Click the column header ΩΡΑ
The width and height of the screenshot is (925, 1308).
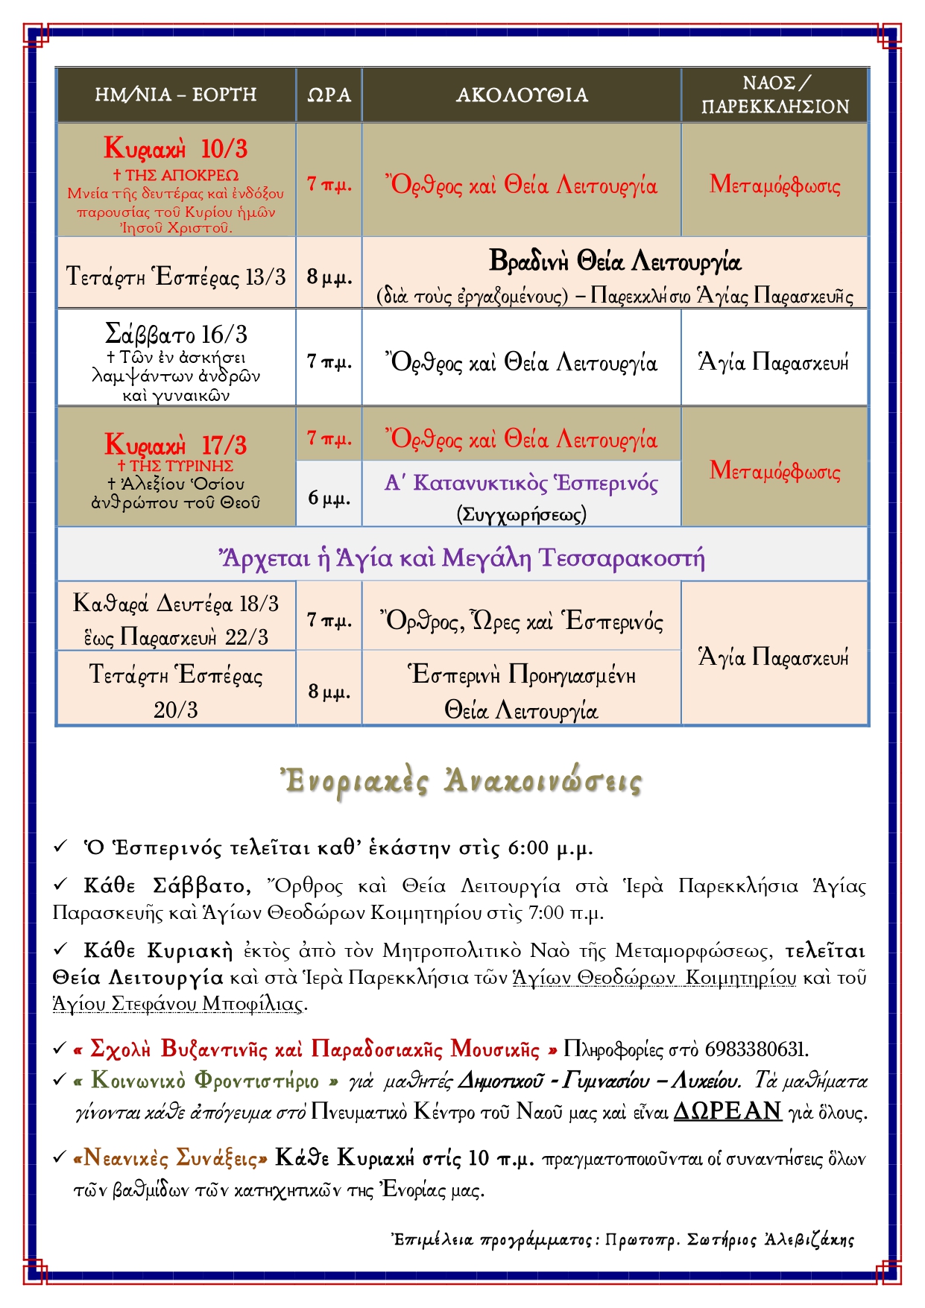click(x=329, y=95)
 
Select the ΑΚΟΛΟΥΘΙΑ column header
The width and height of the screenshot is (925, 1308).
click(x=522, y=95)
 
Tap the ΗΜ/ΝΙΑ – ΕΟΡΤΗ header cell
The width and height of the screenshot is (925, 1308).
click(x=176, y=95)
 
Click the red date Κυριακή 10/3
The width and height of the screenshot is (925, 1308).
click(x=176, y=148)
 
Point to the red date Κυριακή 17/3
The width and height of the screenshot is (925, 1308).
click(x=176, y=445)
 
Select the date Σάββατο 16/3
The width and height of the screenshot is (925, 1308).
click(x=176, y=334)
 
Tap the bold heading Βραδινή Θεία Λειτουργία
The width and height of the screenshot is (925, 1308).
click(x=615, y=262)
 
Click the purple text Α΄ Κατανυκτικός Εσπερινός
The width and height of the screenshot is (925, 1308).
click(x=521, y=484)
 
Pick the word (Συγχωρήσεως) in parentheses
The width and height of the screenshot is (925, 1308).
click(x=521, y=514)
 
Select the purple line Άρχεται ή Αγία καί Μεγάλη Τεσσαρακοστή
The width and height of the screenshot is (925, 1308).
click(x=462, y=557)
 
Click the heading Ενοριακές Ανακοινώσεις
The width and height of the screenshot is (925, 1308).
click(x=461, y=782)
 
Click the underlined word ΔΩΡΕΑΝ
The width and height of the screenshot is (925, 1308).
click(x=727, y=1111)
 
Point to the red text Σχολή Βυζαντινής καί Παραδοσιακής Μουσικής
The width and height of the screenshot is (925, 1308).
click(x=316, y=1049)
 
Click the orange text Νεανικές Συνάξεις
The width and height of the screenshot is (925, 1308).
click(x=171, y=1158)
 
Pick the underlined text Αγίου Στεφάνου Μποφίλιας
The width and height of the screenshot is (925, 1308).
click(x=179, y=1004)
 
